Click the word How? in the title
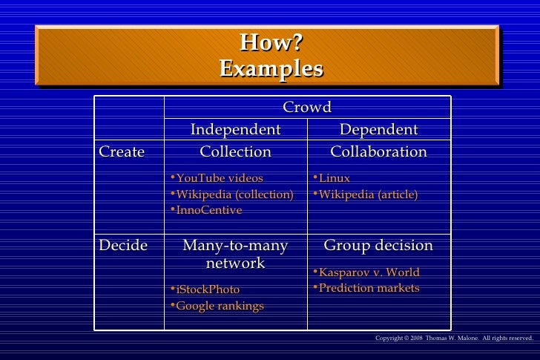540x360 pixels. coord(271,43)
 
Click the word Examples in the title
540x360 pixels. coord(271,69)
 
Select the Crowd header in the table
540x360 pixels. coord(307,108)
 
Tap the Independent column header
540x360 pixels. coord(236,130)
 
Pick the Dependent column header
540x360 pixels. coord(378,130)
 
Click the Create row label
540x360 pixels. coord(122,152)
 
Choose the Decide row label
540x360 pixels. coord(123,246)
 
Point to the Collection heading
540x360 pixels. coord(236,152)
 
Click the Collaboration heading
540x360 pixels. coord(378,152)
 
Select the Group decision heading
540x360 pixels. coord(378,246)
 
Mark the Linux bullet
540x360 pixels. coord(334,178)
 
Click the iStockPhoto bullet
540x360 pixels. coord(208,289)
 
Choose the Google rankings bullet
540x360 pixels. coord(220,306)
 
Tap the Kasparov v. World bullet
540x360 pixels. coord(369,272)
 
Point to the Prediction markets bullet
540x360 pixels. coord(369,288)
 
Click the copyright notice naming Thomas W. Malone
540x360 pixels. coord(454,338)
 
